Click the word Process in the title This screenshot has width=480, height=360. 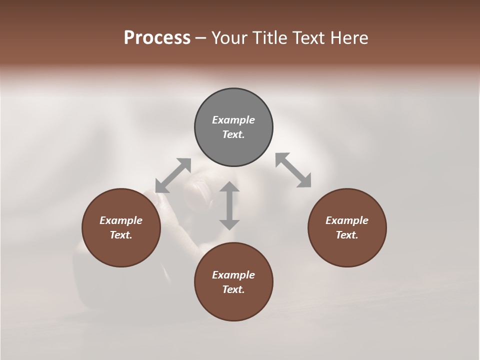click(157, 37)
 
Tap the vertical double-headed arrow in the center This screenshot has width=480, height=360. click(229, 205)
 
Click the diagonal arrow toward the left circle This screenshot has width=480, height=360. click(173, 175)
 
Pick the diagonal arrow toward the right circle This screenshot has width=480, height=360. click(293, 170)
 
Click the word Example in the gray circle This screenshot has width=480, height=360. click(233, 120)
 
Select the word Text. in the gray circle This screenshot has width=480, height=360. click(233, 134)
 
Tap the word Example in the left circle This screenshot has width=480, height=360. click(121, 220)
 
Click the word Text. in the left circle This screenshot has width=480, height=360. click(121, 235)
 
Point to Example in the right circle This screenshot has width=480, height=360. click(347, 220)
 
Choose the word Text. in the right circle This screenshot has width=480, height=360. click(347, 235)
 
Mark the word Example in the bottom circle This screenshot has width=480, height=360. click(233, 275)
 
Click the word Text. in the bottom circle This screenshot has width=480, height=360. click(233, 289)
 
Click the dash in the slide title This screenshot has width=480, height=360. click(200, 38)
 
